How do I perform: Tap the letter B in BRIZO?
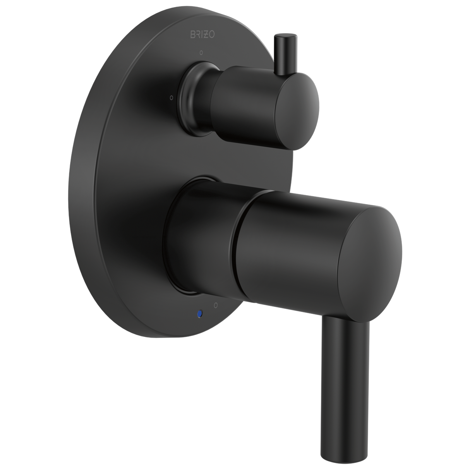[192, 34]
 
